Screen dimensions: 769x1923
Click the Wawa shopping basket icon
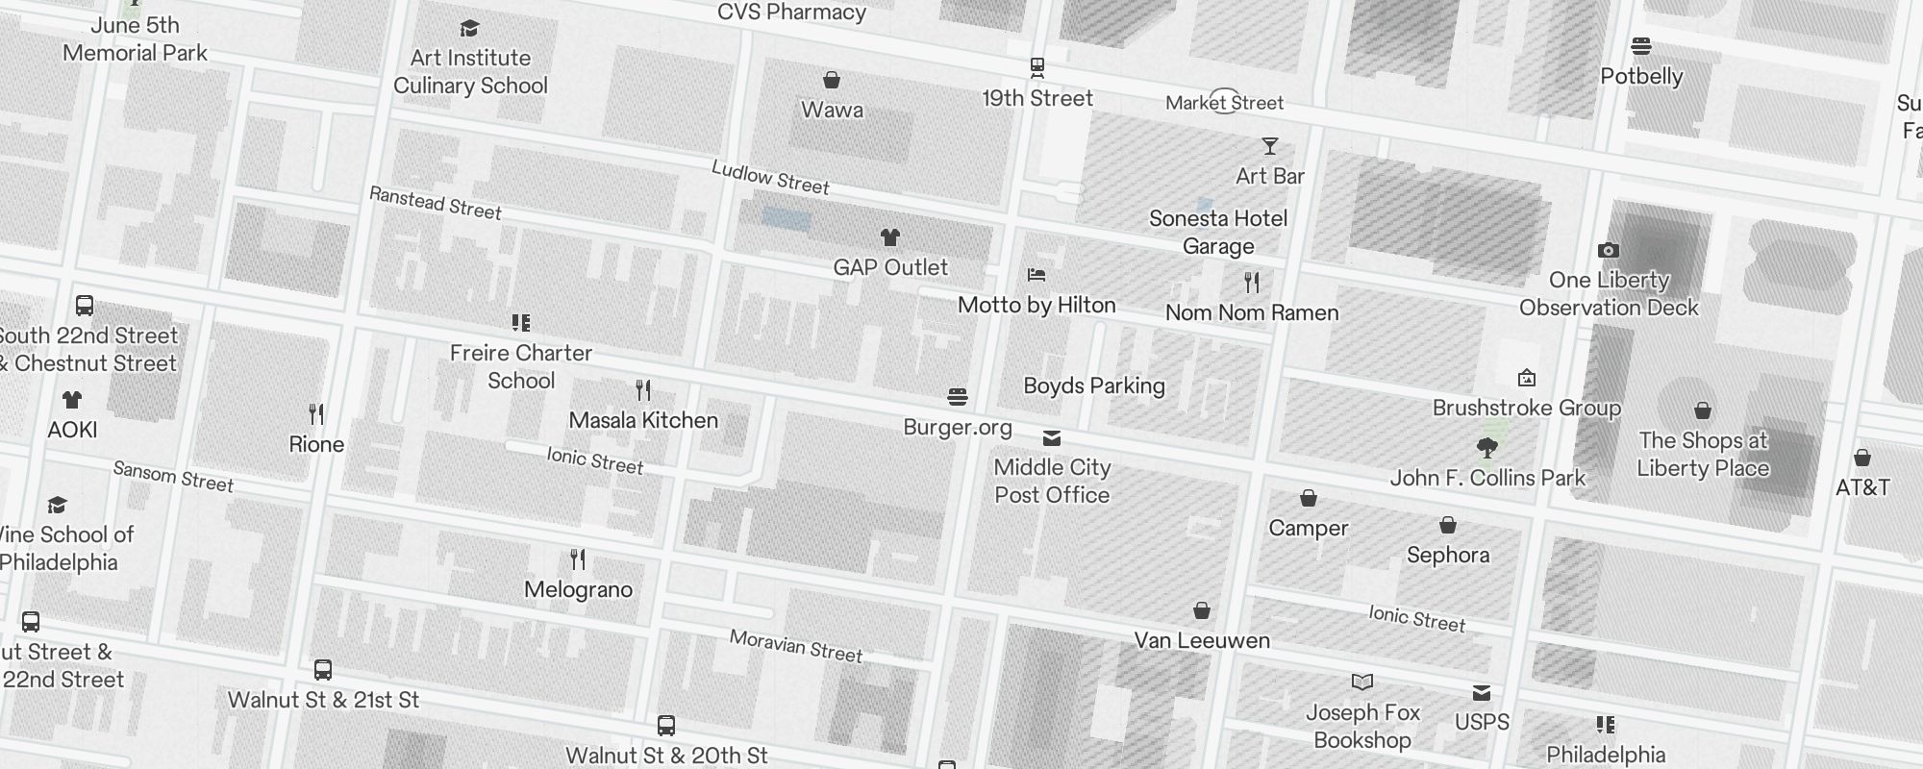[x=832, y=80]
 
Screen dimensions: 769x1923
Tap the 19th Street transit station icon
[x=1036, y=67]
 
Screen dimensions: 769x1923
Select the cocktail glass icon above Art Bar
[x=1270, y=146]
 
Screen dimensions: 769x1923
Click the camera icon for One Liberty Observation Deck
[x=1608, y=251]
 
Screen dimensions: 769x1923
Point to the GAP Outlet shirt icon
[x=890, y=237]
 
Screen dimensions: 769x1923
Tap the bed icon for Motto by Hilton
[x=1036, y=275]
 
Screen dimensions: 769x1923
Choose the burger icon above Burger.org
[x=957, y=397]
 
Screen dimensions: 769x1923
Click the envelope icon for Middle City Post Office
[x=1052, y=438]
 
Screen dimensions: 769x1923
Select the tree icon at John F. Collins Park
[x=1486, y=447]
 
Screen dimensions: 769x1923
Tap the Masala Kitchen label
[x=643, y=420]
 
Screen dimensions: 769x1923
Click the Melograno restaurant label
[x=578, y=589]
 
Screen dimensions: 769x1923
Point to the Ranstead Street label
[x=436, y=203]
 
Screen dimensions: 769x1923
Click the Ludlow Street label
[x=770, y=178]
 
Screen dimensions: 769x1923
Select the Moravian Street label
[x=796, y=646]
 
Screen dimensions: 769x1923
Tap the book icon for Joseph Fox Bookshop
[x=1361, y=682]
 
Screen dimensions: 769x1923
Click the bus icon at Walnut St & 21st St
[x=323, y=670]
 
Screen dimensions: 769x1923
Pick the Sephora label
[x=1448, y=555]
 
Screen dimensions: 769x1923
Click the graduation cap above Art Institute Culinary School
[x=469, y=29]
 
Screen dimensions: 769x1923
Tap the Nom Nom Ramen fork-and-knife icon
[x=1251, y=283]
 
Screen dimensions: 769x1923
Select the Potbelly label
[x=1641, y=76]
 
